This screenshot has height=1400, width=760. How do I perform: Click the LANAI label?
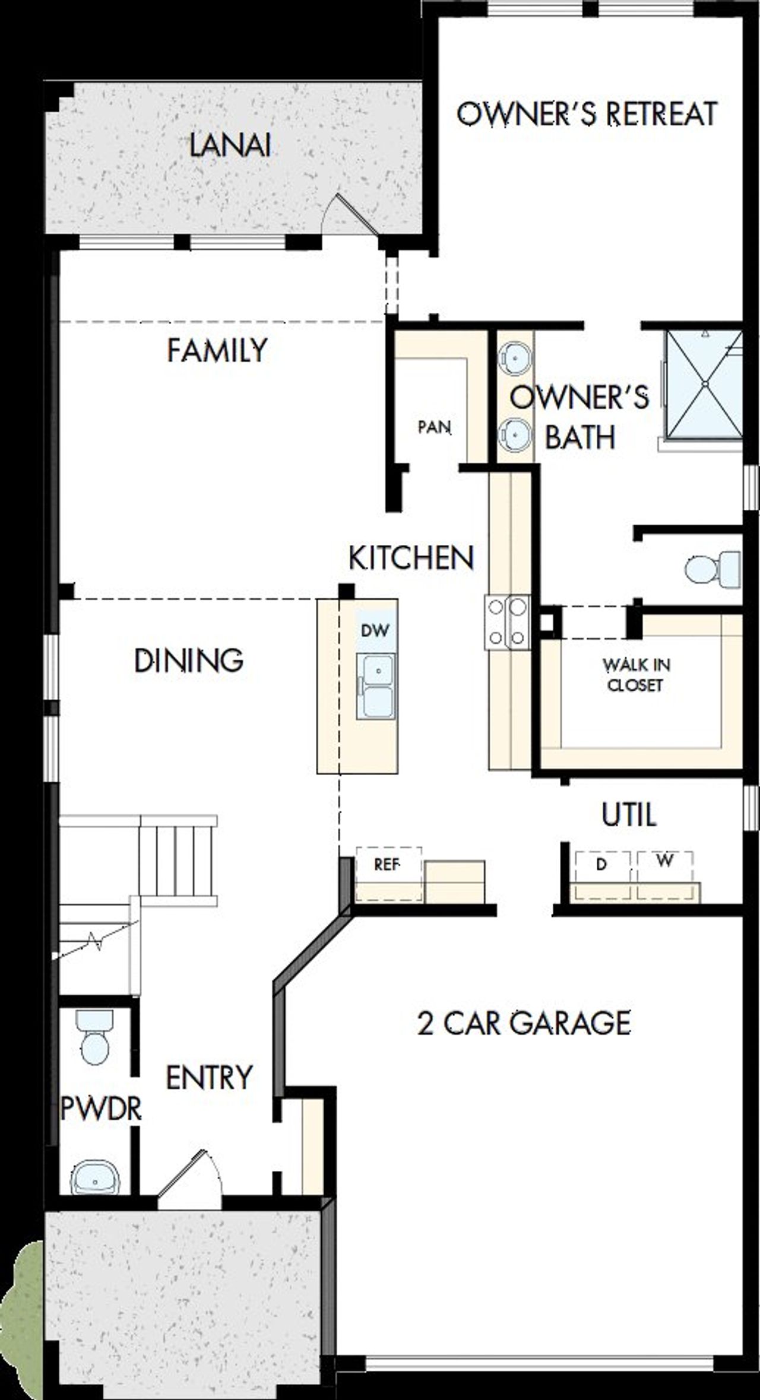click(230, 145)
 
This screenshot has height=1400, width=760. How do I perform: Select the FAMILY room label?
click(217, 350)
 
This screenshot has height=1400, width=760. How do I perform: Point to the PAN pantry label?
click(434, 427)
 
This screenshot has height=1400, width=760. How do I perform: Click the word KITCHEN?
click(411, 558)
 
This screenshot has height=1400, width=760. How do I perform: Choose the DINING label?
click(189, 661)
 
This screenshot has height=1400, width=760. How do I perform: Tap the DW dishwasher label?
click(375, 630)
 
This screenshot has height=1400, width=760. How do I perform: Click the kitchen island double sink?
click(375, 686)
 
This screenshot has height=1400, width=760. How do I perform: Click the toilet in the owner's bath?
click(712, 568)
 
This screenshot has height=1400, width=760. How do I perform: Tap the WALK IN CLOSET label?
click(635, 675)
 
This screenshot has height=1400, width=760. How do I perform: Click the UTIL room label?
click(629, 815)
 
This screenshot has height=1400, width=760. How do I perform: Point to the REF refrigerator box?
click(388, 865)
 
